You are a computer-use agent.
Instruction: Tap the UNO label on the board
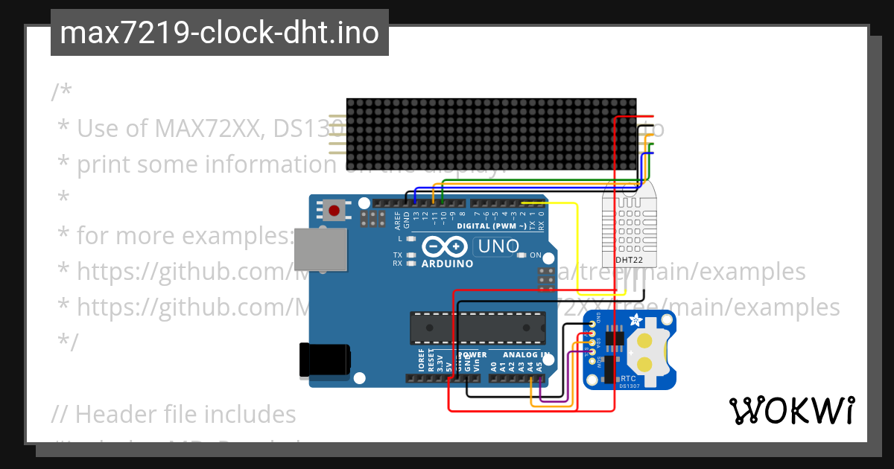493,246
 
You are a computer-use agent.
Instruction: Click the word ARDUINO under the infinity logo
447,263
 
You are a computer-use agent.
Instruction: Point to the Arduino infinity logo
445,246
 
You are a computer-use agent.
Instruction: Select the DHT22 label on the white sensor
630,261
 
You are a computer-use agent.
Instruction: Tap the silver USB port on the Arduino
320,249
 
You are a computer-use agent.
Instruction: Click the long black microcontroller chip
477,328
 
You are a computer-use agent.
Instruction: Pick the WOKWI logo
791,410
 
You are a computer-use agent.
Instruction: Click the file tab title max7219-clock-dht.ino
219,33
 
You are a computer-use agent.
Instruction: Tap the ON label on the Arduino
535,255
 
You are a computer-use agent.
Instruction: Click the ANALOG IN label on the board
526,355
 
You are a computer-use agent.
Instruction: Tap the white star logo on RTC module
635,321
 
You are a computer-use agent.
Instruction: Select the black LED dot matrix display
492,135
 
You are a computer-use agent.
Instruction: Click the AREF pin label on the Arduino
398,220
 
